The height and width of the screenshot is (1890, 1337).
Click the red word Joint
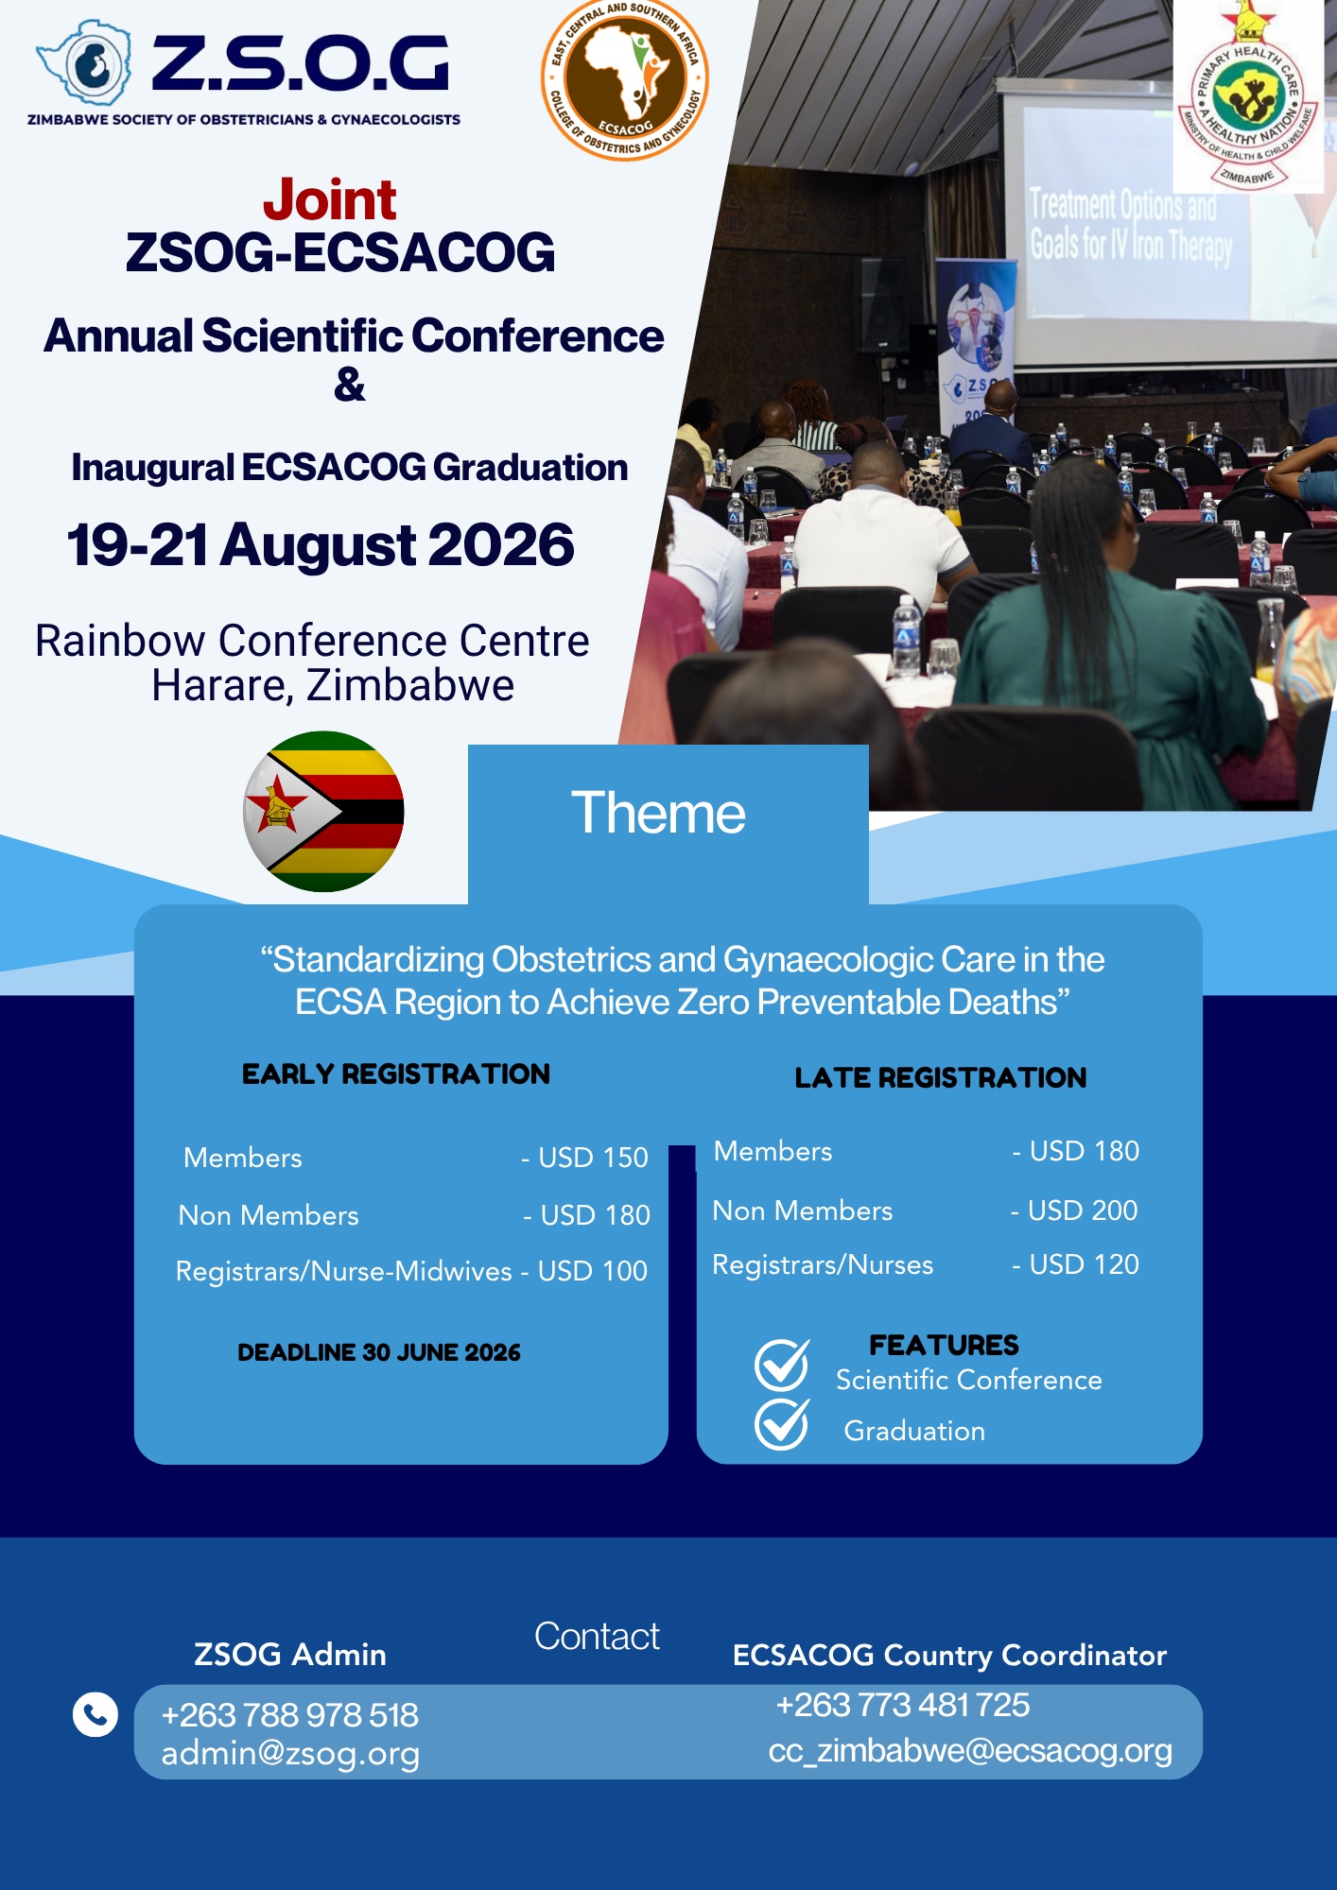[x=329, y=199]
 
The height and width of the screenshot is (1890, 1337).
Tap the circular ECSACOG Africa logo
[x=625, y=80]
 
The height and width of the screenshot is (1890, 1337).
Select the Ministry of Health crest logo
[x=1247, y=104]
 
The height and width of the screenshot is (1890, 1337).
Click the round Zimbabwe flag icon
[x=323, y=811]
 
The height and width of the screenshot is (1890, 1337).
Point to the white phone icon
[x=95, y=1714]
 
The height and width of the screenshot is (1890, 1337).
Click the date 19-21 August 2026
[x=321, y=545]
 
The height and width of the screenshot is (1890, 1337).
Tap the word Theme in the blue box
[x=658, y=813]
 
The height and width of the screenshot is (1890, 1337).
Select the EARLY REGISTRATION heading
[x=396, y=1074]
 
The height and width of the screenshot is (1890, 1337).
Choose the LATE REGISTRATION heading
[x=941, y=1078]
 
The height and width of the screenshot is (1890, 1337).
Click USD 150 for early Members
[x=593, y=1158]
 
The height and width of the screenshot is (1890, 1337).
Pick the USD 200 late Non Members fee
[x=1083, y=1211]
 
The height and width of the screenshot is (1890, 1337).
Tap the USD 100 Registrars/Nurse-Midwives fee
[x=593, y=1271]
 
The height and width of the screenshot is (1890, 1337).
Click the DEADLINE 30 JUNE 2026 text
[x=379, y=1352]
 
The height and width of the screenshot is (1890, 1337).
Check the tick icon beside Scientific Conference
[x=782, y=1366]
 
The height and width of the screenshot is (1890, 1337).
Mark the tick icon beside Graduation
[x=782, y=1423]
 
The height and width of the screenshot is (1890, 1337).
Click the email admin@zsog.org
[x=290, y=1754]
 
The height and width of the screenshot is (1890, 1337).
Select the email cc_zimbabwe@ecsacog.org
[x=970, y=1751]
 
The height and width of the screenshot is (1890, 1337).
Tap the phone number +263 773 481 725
[x=903, y=1705]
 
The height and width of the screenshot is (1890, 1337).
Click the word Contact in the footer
[x=597, y=1636]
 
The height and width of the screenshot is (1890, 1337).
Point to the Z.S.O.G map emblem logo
[x=85, y=64]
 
